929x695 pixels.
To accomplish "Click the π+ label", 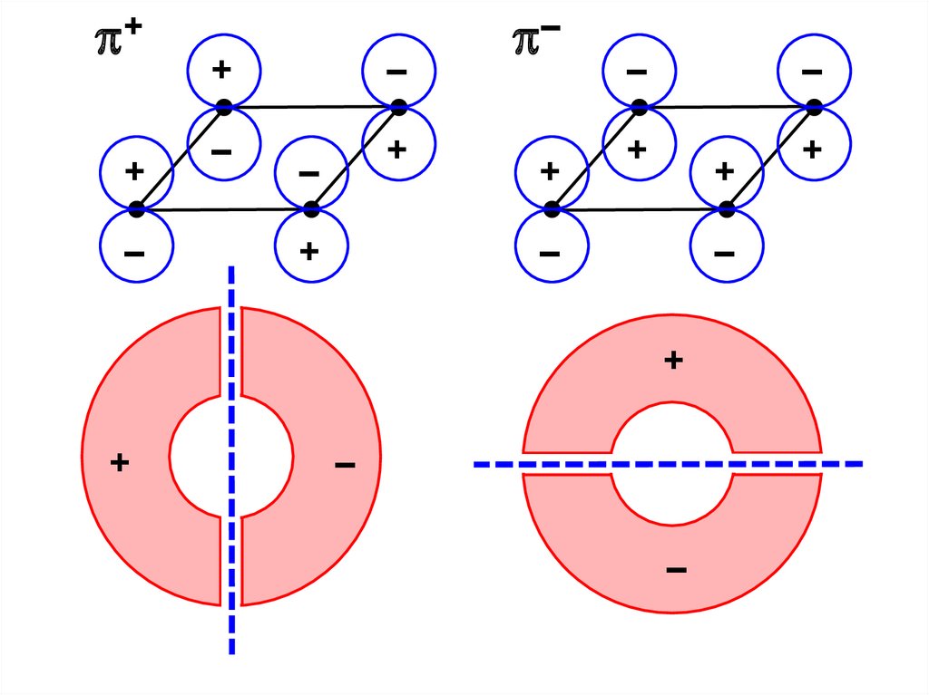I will (115, 41).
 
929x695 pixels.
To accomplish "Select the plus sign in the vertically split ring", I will (119, 463).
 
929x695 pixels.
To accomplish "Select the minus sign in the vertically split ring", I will (344, 466).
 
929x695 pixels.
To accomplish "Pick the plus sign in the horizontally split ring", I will (672, 361).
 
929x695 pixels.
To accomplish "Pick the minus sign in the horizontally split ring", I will (675, 570).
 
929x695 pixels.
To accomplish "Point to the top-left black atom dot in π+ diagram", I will (223, 107).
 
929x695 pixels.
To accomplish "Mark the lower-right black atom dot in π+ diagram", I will (311, 209).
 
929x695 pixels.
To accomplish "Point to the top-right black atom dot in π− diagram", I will (814, 107).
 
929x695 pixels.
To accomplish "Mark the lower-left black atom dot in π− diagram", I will (552, 209).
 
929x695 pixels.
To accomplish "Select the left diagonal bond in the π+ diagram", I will (180, 159).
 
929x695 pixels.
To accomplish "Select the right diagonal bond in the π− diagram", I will (770, 159).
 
